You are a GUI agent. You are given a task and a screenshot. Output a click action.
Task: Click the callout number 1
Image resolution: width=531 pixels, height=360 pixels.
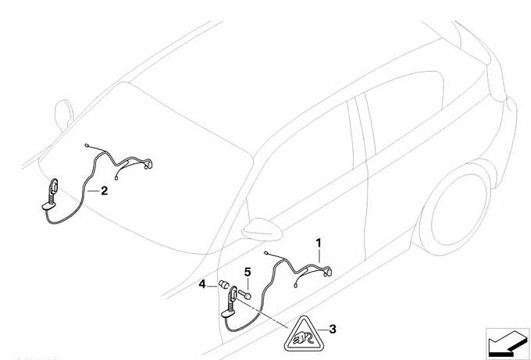click(x=319, y=243)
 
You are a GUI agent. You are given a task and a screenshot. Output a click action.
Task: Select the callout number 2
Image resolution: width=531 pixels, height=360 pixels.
click(x=105, y=191)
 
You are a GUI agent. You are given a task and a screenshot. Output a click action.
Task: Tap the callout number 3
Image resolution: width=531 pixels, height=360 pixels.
click(x=333, y=329)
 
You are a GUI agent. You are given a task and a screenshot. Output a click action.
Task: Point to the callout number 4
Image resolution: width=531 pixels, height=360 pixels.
click(x=202, y=283)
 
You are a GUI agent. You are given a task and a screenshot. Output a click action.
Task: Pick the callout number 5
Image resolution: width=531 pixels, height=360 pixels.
click(x=248, y=272)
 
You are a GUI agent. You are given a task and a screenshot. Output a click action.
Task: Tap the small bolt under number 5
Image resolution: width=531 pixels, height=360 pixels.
click(x=244, y=294)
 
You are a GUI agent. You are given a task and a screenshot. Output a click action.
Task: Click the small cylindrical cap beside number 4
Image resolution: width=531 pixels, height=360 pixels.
click(x=224, y=284)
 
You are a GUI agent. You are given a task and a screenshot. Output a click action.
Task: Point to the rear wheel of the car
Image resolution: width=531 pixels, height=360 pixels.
click(x=454, y=209)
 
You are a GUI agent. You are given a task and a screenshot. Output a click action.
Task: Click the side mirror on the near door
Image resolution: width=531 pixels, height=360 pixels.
click(x=262, y=230)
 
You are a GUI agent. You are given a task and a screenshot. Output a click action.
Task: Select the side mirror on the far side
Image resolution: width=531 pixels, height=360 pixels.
click(x=64, y=116)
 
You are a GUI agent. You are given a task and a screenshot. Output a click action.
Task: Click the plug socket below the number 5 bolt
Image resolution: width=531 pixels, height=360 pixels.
click(x=233, y=296)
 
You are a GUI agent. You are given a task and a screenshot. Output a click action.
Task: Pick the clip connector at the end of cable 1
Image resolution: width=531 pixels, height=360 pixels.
click(x=328, y=271)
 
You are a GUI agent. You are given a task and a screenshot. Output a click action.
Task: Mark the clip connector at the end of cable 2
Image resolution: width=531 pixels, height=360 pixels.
click(x=148, y=164)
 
